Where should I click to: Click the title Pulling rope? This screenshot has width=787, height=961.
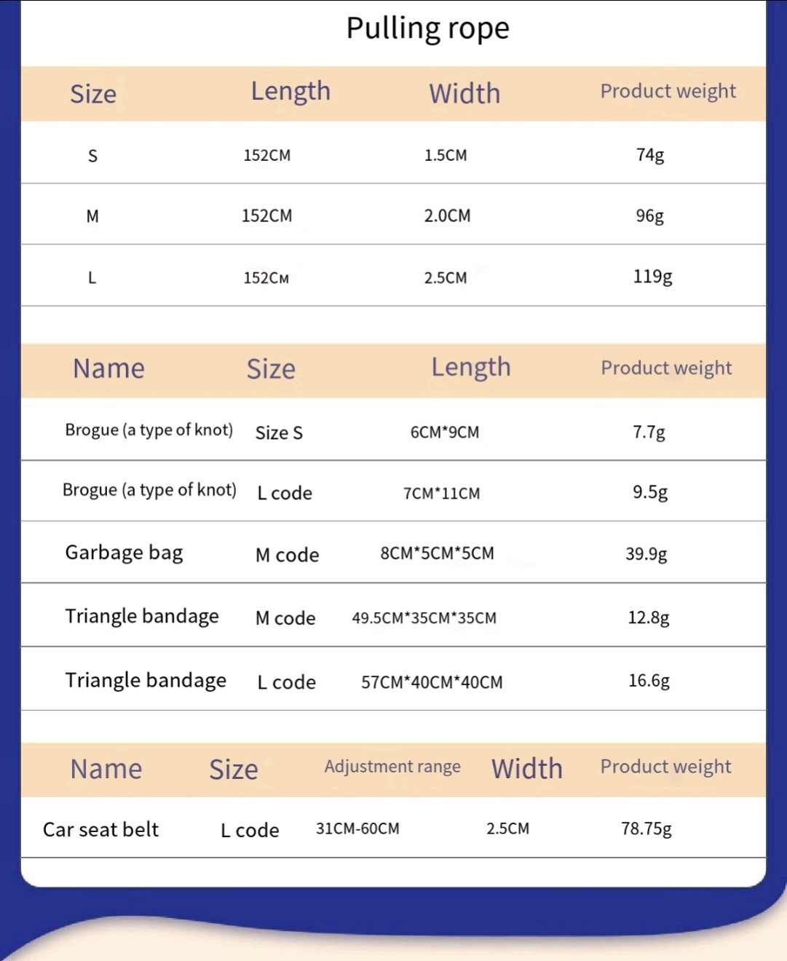click(427, 28)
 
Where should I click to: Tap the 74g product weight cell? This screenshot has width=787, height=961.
click(649, 155)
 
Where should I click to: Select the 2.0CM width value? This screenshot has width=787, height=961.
click(447, 215)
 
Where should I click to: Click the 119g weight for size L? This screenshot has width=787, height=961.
click(652, 277)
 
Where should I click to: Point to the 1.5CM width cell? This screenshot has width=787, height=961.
click(446, 155)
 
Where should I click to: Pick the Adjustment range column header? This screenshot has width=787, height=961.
click(392, 767)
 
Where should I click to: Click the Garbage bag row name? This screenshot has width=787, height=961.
click(124, 553)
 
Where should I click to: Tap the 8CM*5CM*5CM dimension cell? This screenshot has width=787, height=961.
click(437, 553)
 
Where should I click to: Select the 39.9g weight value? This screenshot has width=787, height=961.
click(646, 554)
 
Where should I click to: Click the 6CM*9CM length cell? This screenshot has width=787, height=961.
click(445, 432)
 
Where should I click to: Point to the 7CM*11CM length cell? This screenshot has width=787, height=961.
click(441, 494)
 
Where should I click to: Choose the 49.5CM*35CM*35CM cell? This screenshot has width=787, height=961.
click(424, 618)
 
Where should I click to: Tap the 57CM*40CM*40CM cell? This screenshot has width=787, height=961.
click(432, 682)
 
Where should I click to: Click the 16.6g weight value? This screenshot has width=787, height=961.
click(649, 681)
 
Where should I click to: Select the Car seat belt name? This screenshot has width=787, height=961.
click(100, 829)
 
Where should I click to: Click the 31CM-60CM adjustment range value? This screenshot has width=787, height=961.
click(357, 828)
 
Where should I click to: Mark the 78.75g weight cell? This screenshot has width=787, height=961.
click(646, 829)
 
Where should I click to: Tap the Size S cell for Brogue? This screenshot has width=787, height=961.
click(279, 433)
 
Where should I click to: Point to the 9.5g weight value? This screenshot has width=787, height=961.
click(649, 492)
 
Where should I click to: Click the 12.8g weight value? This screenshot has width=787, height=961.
click(648, 618)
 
